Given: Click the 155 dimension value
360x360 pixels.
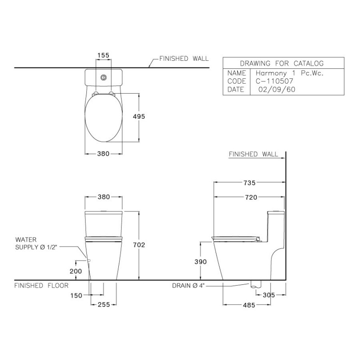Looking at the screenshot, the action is (x=103, y=55).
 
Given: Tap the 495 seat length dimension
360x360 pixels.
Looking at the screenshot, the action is (x=139, y=117).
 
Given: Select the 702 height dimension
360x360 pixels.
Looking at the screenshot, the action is (x=139, y=245).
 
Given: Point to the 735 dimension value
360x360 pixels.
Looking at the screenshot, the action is (x=249, y=183).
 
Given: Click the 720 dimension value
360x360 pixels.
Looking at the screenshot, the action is (x=251, y=197).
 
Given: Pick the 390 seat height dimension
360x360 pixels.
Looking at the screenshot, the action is (x=200, y=261).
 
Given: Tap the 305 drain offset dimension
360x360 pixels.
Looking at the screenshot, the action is (x=269, y=295).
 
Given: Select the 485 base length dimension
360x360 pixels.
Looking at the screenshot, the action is (x=249, y=305).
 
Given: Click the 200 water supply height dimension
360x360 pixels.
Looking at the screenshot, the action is (x=76, y=271).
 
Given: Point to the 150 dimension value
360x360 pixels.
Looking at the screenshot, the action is (x=76, y=295).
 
